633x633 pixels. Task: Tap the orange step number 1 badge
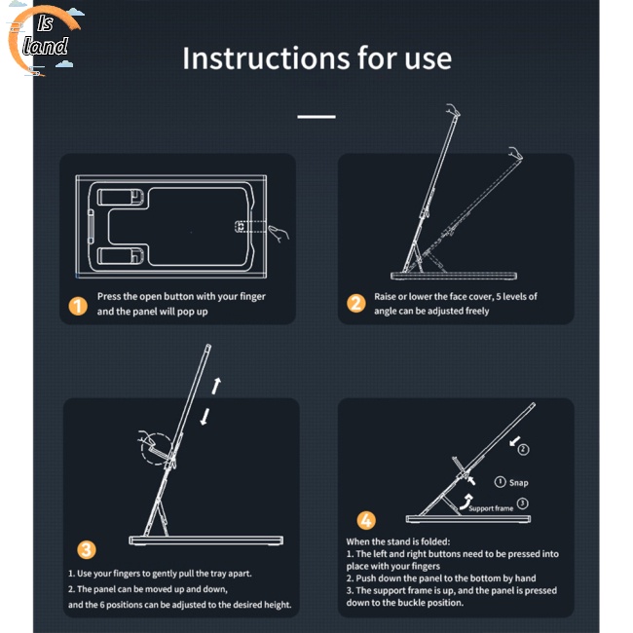pos(78,306)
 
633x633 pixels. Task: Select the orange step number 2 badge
pos(356,303)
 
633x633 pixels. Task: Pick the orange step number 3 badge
pos(87,549)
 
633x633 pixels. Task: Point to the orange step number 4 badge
pos(366,520)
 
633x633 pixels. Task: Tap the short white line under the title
pos(316,117)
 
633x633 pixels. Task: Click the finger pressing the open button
pos(279,234)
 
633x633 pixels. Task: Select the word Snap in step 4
pos(518,483)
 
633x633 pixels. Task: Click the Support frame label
pos(491,508)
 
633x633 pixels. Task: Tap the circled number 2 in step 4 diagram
pos(524,449)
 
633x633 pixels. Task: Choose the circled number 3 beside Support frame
pos(523,503)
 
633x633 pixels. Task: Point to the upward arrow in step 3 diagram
pos(216,386)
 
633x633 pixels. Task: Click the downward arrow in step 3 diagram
pos(205,417)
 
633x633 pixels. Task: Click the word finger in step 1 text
pos(252,296)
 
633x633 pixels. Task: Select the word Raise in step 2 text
pos(385,297)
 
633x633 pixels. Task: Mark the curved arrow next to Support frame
pos(465,502)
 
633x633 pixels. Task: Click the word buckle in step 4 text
pos(424,602)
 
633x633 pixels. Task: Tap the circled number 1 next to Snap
pos(501,482)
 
